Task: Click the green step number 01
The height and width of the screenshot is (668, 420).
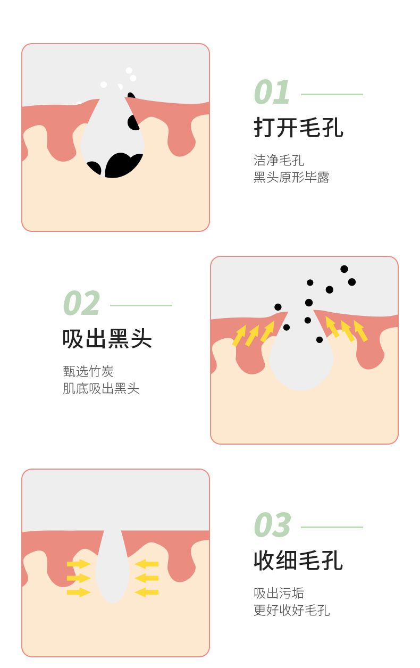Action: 272,92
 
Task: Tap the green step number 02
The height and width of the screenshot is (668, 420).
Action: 81,303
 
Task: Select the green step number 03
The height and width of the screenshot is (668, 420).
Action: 272,524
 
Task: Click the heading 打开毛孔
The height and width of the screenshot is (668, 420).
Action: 298,127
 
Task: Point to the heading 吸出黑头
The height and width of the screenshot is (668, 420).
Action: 107,338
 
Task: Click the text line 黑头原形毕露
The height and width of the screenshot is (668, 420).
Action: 291,177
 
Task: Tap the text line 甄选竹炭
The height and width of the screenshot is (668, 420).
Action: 88,372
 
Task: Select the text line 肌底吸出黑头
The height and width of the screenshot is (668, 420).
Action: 101,389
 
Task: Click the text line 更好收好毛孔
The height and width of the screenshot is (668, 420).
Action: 292,610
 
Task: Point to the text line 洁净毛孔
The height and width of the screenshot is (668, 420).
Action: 279,160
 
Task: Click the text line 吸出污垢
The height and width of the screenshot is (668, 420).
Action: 279,593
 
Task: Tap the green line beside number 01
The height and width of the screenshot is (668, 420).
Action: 332,94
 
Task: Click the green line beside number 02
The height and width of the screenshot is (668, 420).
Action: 141,305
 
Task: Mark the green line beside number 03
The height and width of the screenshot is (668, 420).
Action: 332,527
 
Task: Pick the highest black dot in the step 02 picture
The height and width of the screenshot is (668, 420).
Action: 345,269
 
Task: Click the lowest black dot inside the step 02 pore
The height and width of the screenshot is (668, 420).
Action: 320,339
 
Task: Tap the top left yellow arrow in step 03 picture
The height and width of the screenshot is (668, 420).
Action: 78,564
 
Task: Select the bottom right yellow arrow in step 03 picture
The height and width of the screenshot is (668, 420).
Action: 146,592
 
